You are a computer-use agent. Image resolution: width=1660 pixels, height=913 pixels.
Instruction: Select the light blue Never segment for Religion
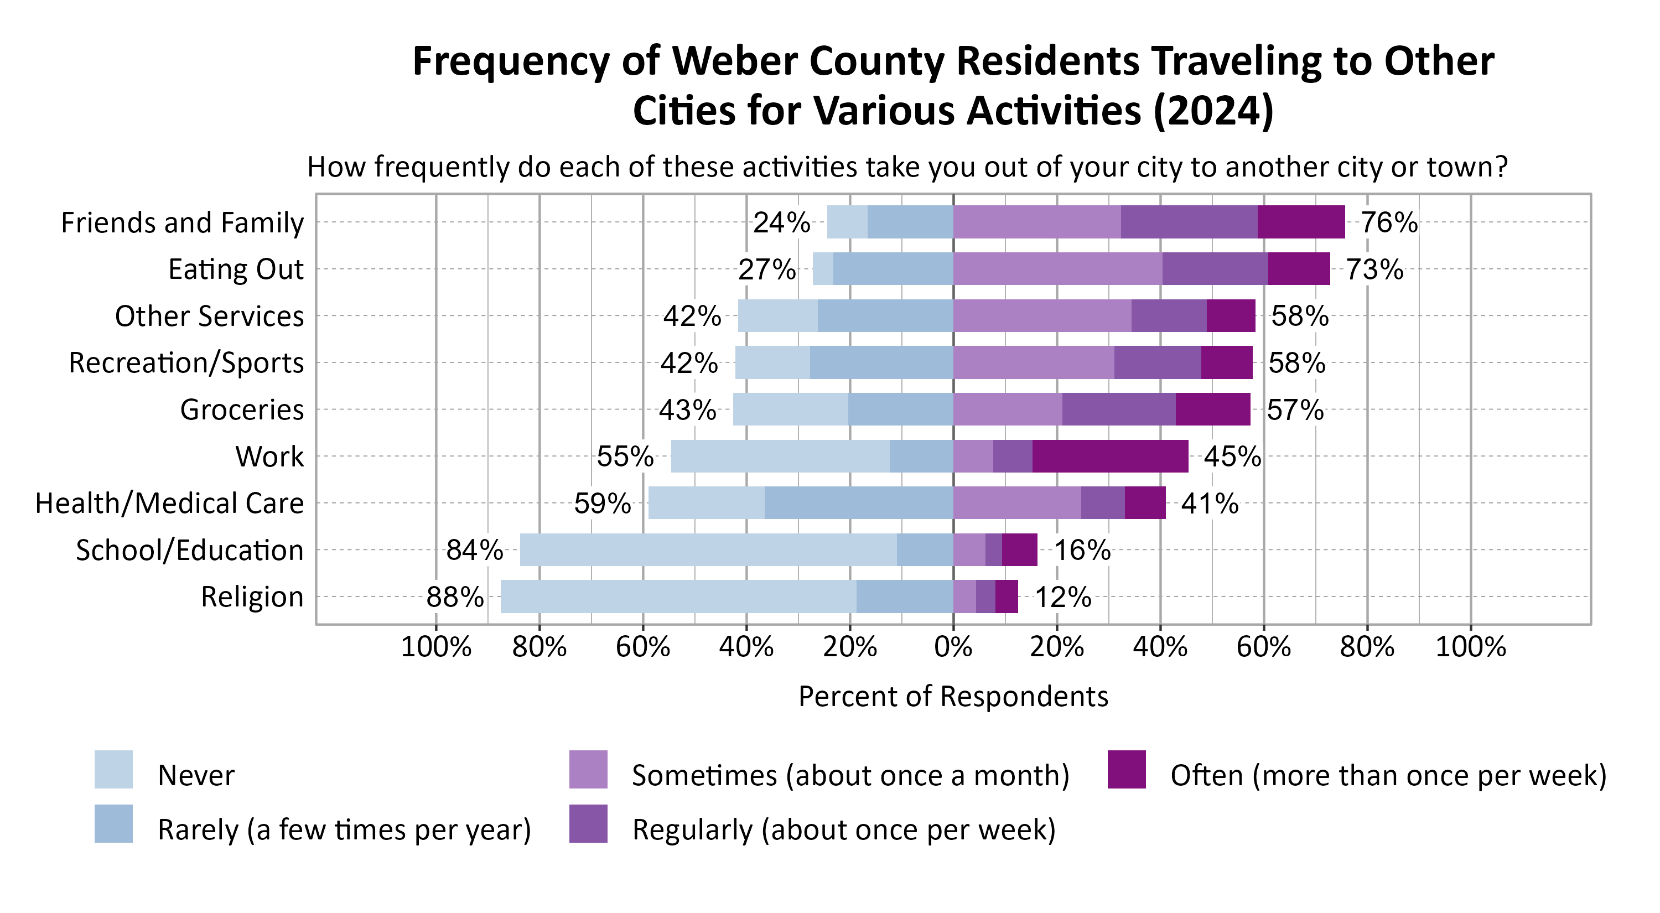678,596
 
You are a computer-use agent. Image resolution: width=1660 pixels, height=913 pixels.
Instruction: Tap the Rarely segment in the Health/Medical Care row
858,502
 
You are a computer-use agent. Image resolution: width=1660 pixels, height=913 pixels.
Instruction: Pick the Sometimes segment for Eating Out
1057,269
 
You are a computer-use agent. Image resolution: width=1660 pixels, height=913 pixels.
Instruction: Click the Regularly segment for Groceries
1119,409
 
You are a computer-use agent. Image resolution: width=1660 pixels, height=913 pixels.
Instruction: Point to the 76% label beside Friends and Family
1389,222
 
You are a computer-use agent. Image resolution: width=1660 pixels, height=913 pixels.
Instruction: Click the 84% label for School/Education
474,550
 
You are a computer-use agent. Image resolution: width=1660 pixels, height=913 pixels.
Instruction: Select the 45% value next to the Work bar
1232,456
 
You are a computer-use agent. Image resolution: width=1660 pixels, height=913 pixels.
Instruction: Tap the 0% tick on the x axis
953,646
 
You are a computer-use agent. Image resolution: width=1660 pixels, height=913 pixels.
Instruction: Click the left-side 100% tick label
435,646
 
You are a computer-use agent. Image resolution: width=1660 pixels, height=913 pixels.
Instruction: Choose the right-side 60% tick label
1264,646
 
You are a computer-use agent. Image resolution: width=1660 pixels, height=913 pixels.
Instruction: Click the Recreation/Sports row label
186,363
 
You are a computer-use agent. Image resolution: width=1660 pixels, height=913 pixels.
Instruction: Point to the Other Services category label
209,317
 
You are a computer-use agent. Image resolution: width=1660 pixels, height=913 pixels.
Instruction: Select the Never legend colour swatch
113,769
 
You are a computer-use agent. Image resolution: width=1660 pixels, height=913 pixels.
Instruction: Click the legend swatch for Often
1127,769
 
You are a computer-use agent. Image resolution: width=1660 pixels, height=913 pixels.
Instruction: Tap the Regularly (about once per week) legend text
843,829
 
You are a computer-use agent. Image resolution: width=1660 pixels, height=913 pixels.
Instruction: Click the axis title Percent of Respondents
953,697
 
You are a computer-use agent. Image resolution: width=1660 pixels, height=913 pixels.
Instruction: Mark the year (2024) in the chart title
1213,111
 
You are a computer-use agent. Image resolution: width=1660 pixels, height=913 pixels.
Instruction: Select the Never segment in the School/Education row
708,550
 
